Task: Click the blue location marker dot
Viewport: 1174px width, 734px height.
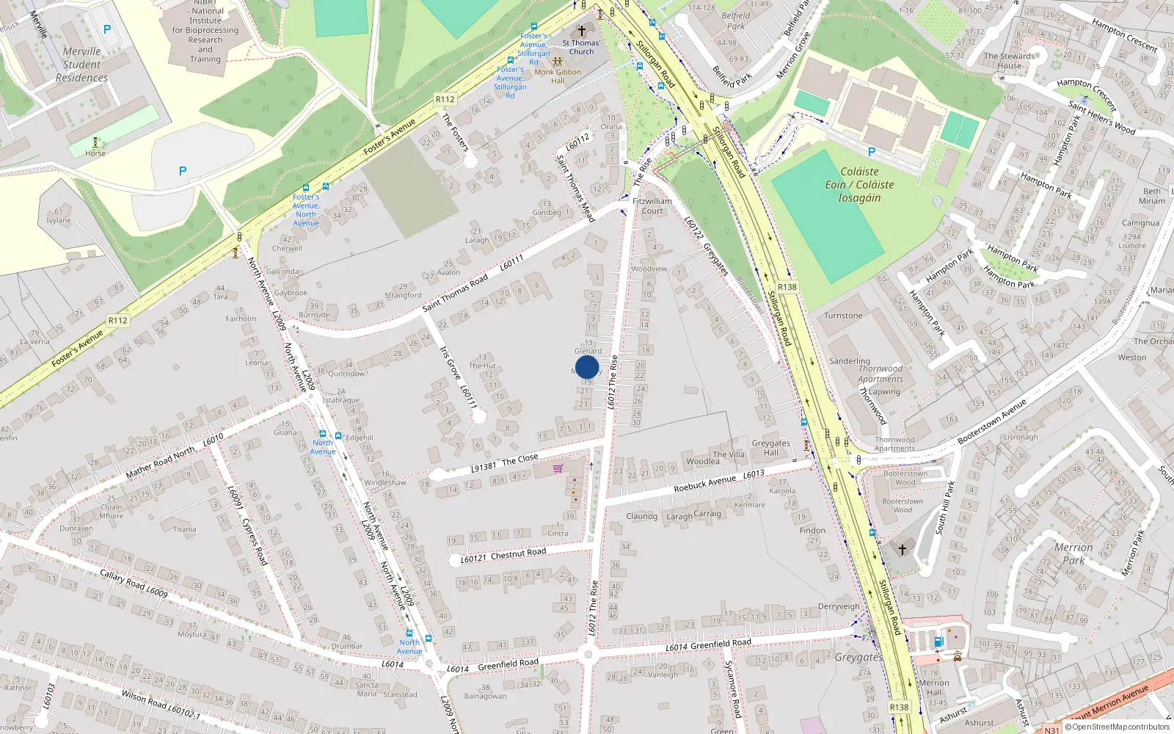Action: [x=587, y=367]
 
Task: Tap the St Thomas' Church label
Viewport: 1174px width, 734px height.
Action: [x=581, y=47]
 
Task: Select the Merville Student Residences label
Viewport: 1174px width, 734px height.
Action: [x=81, y=65]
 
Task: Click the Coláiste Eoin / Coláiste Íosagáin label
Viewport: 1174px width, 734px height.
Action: [x=859, y=184]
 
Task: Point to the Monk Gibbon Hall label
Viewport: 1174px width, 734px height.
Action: [x=558, y=76]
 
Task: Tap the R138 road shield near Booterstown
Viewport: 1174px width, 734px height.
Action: [x=787, y=287]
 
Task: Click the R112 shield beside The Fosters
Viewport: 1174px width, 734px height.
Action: [x=445, y=99]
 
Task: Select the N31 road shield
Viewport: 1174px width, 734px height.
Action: [x=1051, y=730]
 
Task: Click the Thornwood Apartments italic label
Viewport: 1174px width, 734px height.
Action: [x=880, y=374]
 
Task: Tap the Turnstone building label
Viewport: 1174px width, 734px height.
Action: [x=843, y=316]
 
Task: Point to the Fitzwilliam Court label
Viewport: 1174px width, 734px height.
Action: [x=652, y=206]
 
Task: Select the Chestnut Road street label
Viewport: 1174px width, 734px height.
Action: [x=518, y=554]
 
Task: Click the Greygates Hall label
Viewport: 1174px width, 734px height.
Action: [x=770, y=448]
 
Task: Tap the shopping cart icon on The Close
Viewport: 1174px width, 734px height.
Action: [x=558, y=468]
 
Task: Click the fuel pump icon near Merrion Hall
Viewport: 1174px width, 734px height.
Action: [x=938, y=642]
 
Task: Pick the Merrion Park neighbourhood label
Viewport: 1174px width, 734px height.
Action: [x=1073, y=553]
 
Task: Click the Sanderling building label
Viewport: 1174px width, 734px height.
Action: [x=850, y=361]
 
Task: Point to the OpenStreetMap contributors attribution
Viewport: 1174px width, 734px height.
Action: [x=1118, y=727]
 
